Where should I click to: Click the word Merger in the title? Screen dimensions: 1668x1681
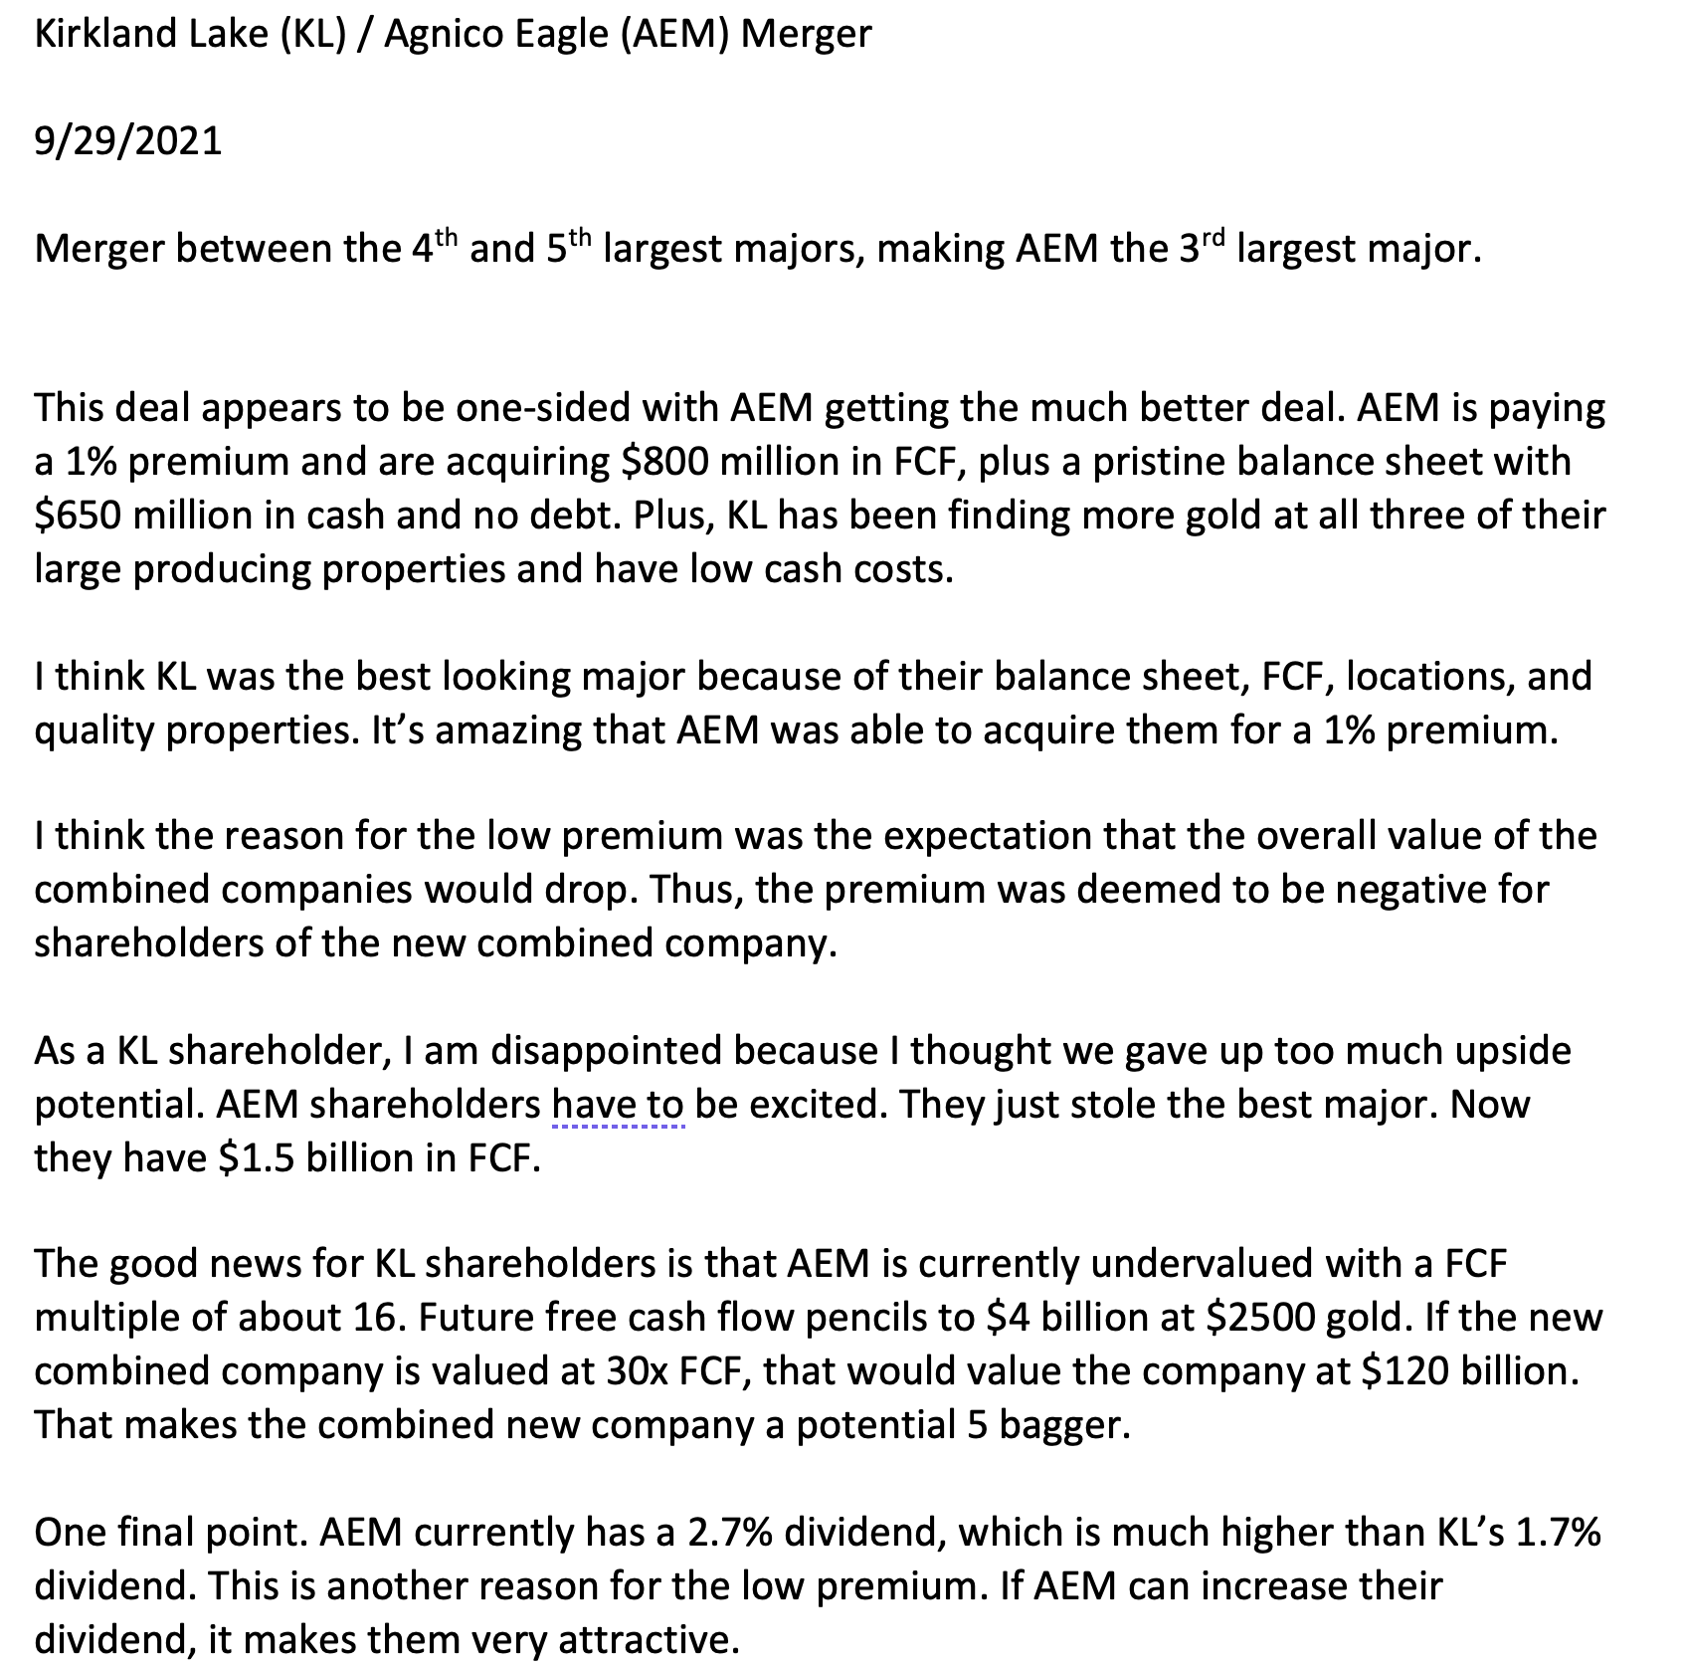coord(806,34)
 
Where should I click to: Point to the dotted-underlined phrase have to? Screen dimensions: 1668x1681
coord(618,1105)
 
